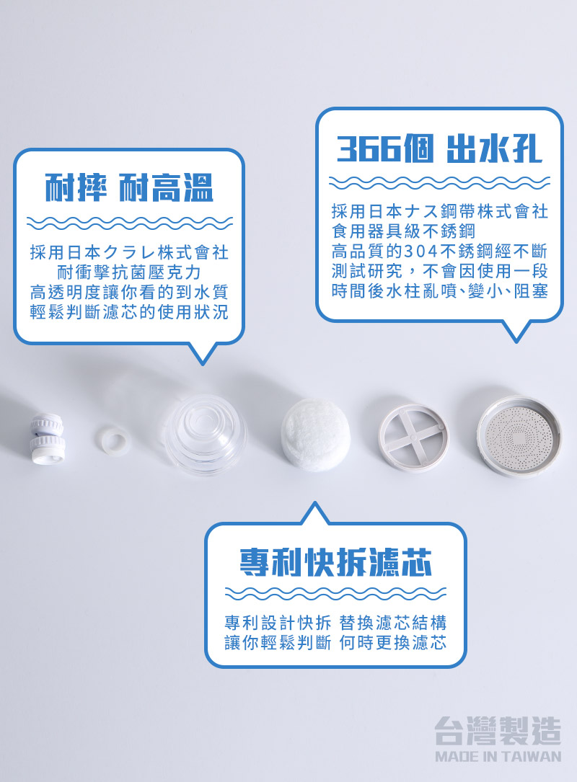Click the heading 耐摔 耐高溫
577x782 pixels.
pyautogui.click(x=129, y=187)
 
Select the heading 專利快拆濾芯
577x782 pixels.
pyautogui.click(x=335, y=562)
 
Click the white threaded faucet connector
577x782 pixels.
pyautogui.click(x=47, y=438)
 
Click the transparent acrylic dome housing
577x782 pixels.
pyautogui.click(x=206, y=433)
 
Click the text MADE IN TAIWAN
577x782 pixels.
pyautogui.click(x=498, y=756)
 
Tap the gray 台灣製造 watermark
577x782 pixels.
pyautogui.click(x=498, y=731)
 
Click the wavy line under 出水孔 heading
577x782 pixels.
pyautogui.click(x=439, y=182)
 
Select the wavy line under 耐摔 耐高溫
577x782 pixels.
pyautogui.click(x=129, y=223)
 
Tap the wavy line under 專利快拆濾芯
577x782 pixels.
pyautogui.click(x=335, y=593)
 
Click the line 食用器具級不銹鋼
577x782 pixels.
pyautogui.click(x=403, y=231)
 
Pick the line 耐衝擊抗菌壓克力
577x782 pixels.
pyautogui.click(x=129, y=272)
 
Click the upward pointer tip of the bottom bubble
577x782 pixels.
pyautogui.click(x=314, y=502)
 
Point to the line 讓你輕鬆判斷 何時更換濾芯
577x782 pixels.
pyautogui.click(x=335, y=642)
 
